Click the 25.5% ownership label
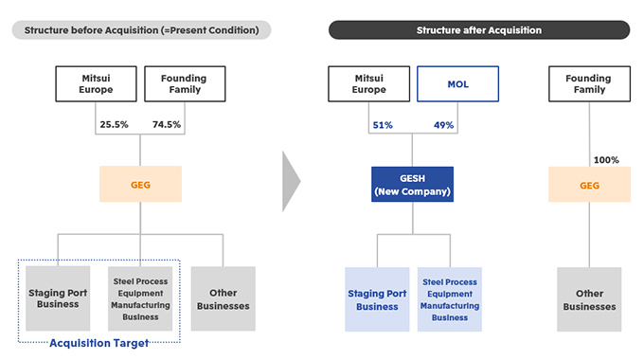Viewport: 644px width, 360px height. [x=114, y=124]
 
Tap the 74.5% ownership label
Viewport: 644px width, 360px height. [x=167, y=124]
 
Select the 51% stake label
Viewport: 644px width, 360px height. [x=383, y=125]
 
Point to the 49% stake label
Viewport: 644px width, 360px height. [x=443, y=125]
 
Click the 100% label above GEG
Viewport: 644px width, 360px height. [x=606, y=160]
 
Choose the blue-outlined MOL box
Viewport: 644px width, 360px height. [x=458, y=83]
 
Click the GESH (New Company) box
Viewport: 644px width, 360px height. [x=412, y=184]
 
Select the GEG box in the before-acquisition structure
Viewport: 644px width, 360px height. [x=140, y=184]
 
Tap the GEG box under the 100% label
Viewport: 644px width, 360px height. [x=589, y=184]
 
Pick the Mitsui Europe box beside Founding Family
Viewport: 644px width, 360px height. [x=96, y=83]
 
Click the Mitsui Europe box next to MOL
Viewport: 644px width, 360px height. [x=368, y=83]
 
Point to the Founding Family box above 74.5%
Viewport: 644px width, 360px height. [x=185, y=83]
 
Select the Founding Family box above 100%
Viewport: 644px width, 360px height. [x=589, y=83]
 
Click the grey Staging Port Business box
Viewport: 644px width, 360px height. [x=58, y=298]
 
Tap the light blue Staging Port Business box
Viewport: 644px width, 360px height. [x=377, y=299]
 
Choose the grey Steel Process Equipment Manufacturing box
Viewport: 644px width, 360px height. [x=140, y=298]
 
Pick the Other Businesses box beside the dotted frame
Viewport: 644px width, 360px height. [x=223, y=298]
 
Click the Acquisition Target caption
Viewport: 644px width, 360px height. [x=99, y=343]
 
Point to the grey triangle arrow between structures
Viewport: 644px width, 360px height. [x=291, y=181]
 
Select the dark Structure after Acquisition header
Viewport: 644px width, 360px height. [x=479, y=30]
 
